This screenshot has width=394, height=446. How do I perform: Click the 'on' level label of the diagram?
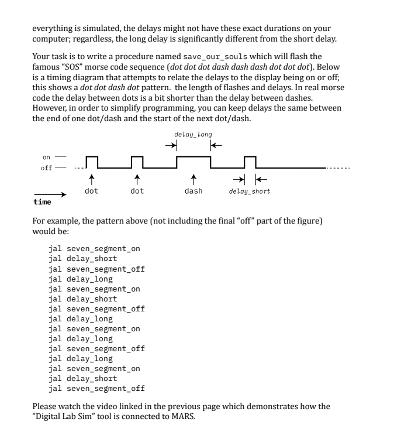tap(47, 157)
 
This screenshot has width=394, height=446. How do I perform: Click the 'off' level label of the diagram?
tap(47, 168)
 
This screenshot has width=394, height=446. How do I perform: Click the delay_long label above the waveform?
tap(193, 135)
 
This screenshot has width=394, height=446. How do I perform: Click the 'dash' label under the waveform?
tap(193, 191)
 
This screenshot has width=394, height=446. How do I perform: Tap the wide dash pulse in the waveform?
tap(193, 157)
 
